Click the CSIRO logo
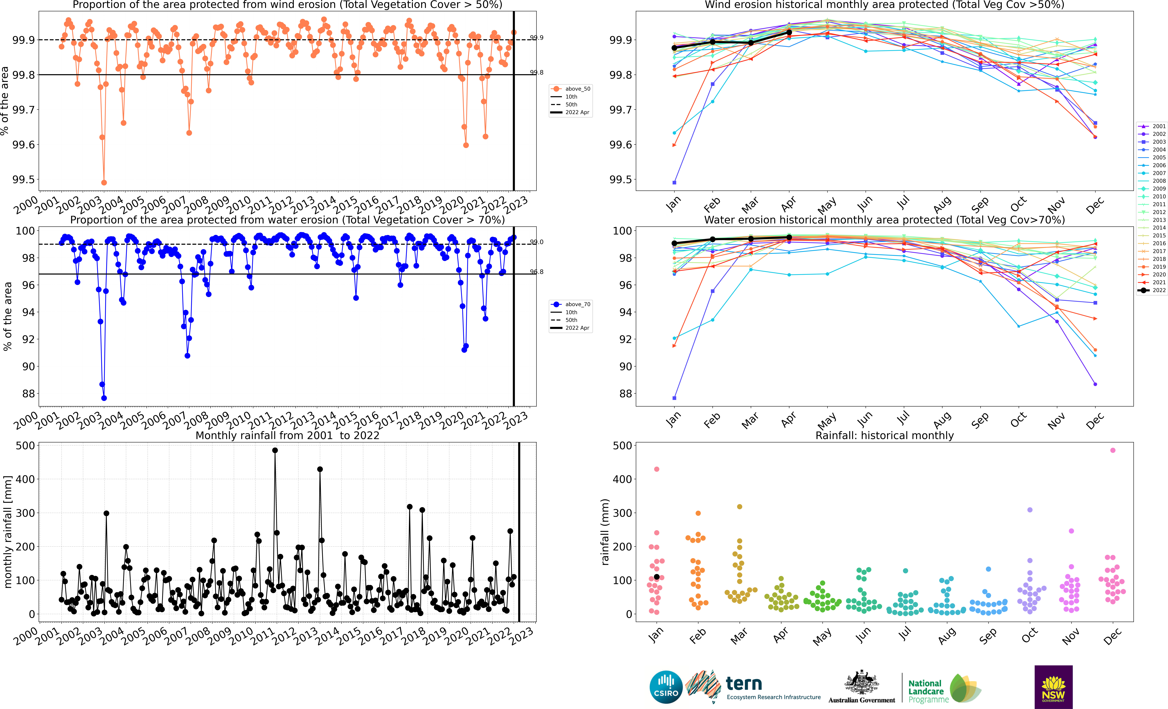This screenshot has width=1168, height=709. tap(666, 687)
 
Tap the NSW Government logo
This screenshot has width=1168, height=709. tap(1053, 687)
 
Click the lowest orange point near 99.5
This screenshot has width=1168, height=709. tap(104, 183)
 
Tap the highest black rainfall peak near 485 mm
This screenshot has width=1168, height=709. tap(275, 451)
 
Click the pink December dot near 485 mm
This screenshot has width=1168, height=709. tap(1113, 451)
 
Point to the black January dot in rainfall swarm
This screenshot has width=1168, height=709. tap(657, 577)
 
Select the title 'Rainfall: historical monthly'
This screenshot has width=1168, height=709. tap(885, 435)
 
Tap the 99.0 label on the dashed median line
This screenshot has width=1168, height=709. tap(537, 242)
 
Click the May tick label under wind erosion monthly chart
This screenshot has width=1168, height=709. tap(827, 205)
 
